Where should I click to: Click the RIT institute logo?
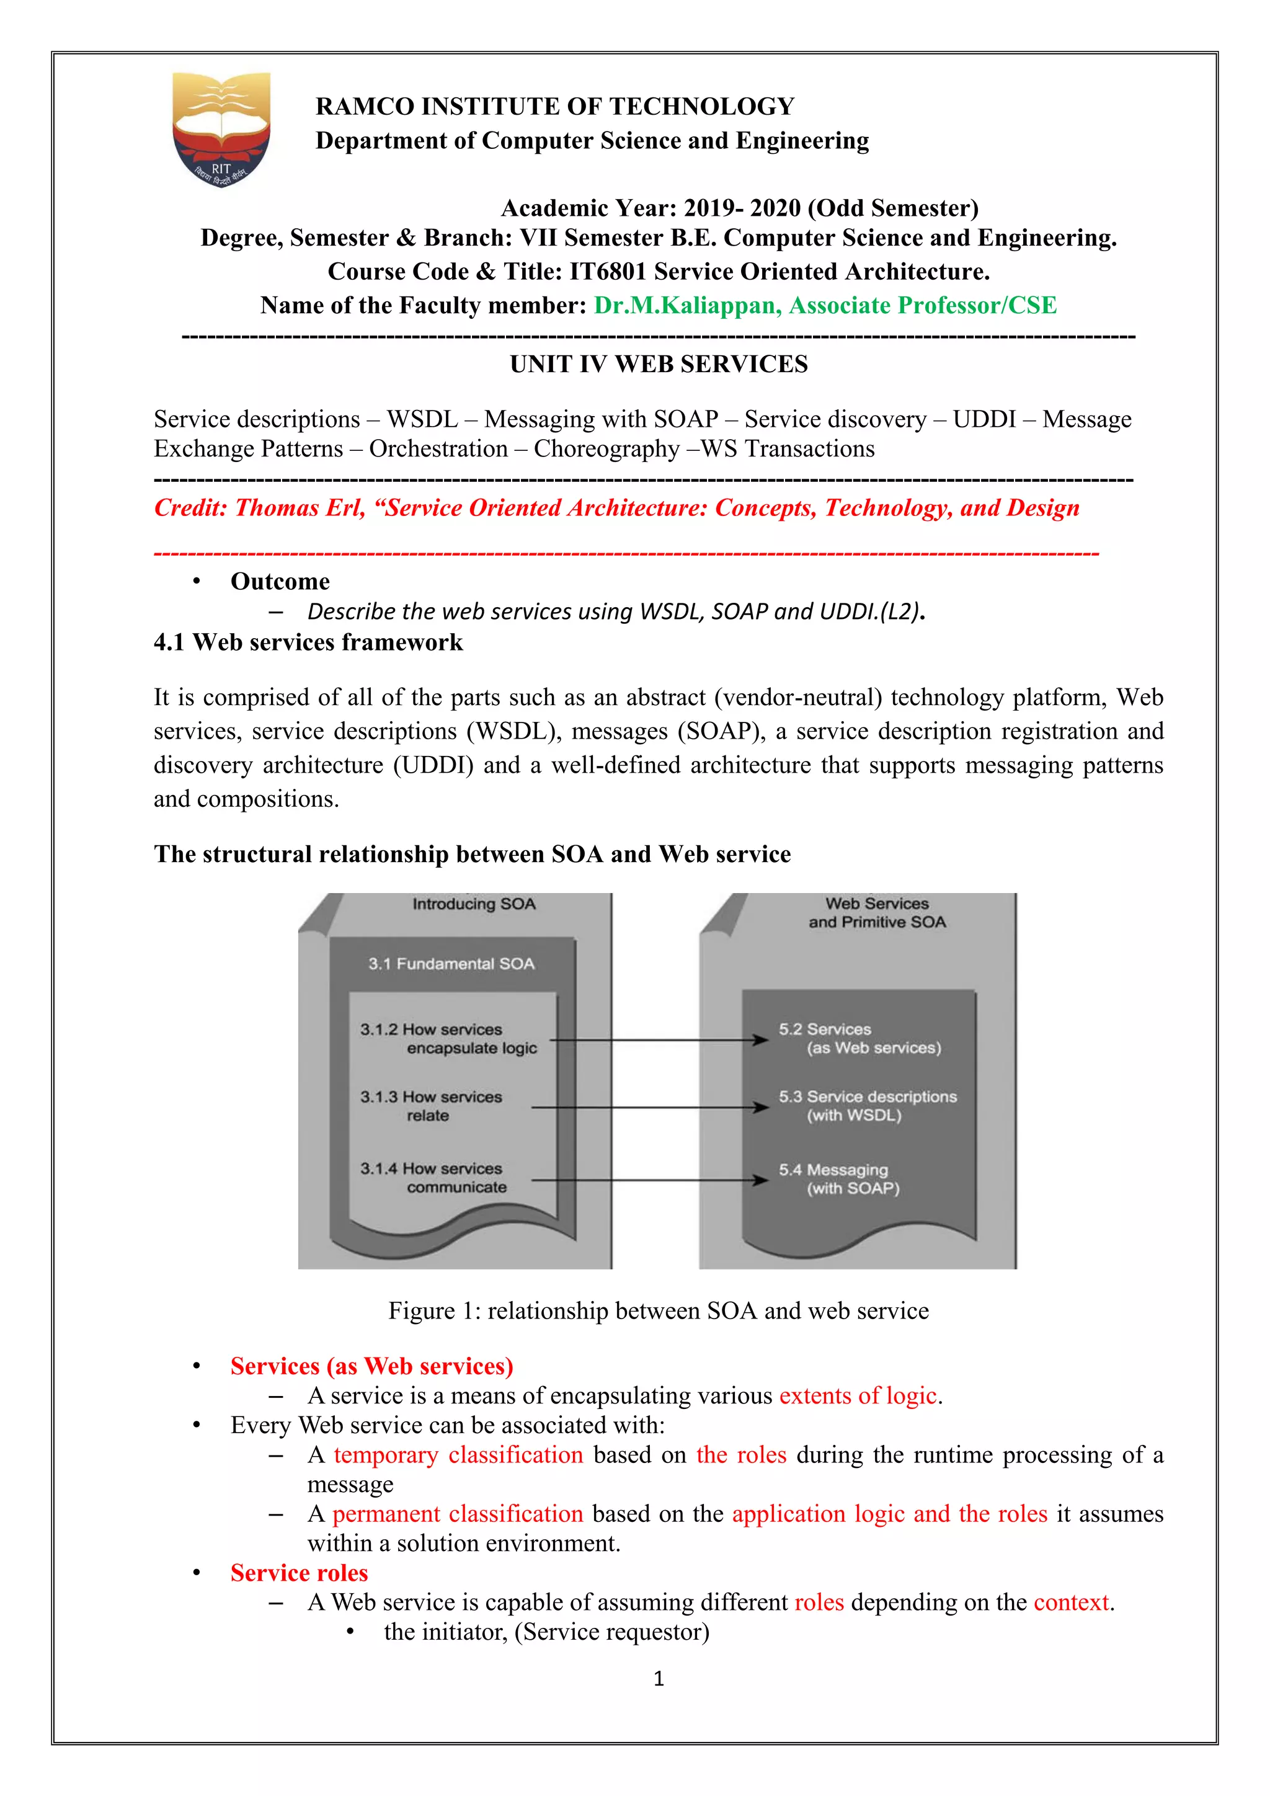tap(222, 128)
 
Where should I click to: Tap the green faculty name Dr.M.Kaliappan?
tap(686, 305)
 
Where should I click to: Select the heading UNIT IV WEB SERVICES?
tap(659, 365)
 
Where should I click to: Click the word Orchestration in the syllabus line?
tap(438, 449)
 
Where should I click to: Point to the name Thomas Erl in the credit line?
tap(300, 509)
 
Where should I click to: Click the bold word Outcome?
tap(280, 581)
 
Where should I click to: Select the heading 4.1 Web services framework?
tap(308, 642)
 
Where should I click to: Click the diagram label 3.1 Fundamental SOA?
tap(451, 964)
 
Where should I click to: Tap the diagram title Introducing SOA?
tap(474, 904)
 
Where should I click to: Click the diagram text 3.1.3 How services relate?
tap(431, 1105)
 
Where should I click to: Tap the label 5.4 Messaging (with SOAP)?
tap(838, 1179)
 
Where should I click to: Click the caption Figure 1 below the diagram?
tap(659, 1310)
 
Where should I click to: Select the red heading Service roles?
tap(299, 1572)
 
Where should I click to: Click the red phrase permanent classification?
tap(458, 1514)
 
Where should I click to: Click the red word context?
tap(1070, 1602)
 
